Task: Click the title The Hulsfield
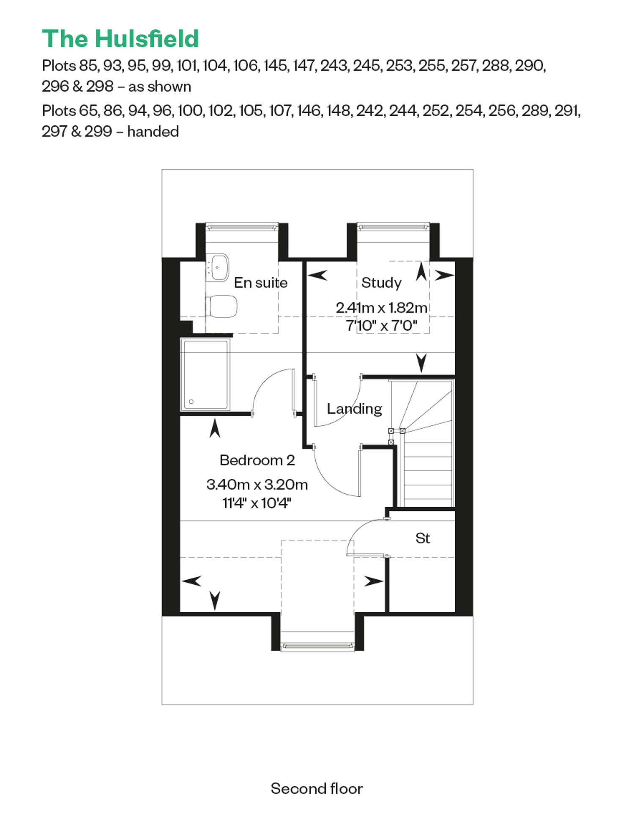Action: [x=120, y=39]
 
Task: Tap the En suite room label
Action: [x=261, y=282]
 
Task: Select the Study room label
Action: [x=381, y=282]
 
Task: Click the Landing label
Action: [x=355, y=409]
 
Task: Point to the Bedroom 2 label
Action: [x=257, y=460]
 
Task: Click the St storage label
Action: [x=423, y=538]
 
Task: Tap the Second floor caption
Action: [x=317, y=788]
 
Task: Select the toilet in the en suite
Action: [x=221, y=306]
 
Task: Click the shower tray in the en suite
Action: [x=205, y=374]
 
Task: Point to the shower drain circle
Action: [x=191, y=402]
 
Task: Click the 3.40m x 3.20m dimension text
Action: [x=257, y=484]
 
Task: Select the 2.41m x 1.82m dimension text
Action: [x=381, y=307]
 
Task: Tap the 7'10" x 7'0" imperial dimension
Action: [x=381, y=326]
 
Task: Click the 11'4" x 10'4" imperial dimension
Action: [x=257, y=503]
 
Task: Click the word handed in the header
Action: [x=153, y=131]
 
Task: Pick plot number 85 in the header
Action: [x=88, y=66]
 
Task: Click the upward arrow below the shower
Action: [x=215, y=428]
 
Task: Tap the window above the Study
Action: [x=394, y=227]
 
